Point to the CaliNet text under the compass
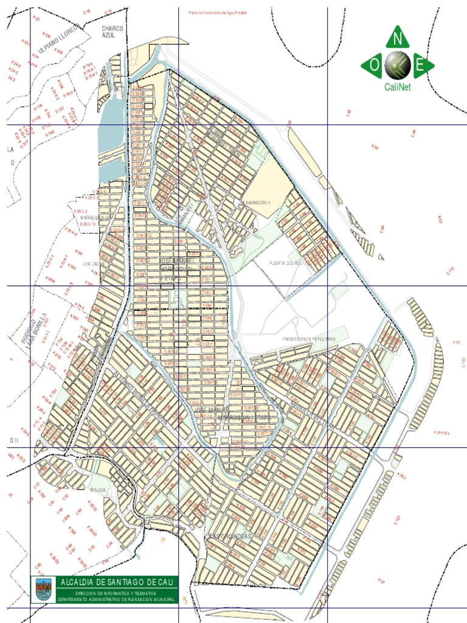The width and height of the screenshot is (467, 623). [x=398, y=87]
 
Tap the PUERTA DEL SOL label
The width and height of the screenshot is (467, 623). [x=286, y=263]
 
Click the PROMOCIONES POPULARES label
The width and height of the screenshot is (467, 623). [x=308, y=338]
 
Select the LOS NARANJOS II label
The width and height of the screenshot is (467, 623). [x=255, y=202]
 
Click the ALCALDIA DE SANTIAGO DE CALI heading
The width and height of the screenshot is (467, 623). [x=118, y=582]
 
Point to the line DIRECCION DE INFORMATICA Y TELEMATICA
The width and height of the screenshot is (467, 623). [x=117, y=593]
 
